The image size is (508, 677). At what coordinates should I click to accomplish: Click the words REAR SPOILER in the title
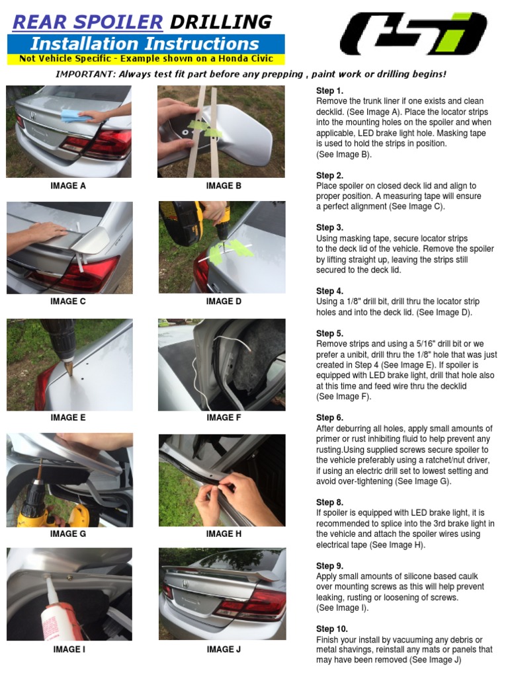(x=87, y=22)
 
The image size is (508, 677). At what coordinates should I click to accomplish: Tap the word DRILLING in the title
(x=220, y=22)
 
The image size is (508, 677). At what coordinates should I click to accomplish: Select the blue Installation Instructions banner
(x=145, y=44)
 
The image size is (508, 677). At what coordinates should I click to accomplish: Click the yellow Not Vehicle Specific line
(x=146, y=59)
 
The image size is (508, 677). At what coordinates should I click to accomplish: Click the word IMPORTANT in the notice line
(x=85, y=75)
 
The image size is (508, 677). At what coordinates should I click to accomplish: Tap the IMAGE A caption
(x=68, y=186)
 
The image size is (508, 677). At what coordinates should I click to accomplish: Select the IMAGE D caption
(x=224, y=301)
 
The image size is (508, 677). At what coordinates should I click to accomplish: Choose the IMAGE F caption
(x=224, y=418)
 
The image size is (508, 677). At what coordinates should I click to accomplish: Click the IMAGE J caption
(x=224, y=650)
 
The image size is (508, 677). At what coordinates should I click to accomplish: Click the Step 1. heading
(x=329, y=91)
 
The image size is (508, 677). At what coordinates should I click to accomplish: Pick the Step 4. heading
(x=329, y=292)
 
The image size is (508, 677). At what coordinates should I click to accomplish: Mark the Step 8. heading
(x=329, y=503)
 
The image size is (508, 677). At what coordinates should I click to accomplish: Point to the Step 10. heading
(x=331, y=629)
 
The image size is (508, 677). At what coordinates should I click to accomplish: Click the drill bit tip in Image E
(x=69, y=374)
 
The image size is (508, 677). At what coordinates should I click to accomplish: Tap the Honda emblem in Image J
(x=186, y=584)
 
